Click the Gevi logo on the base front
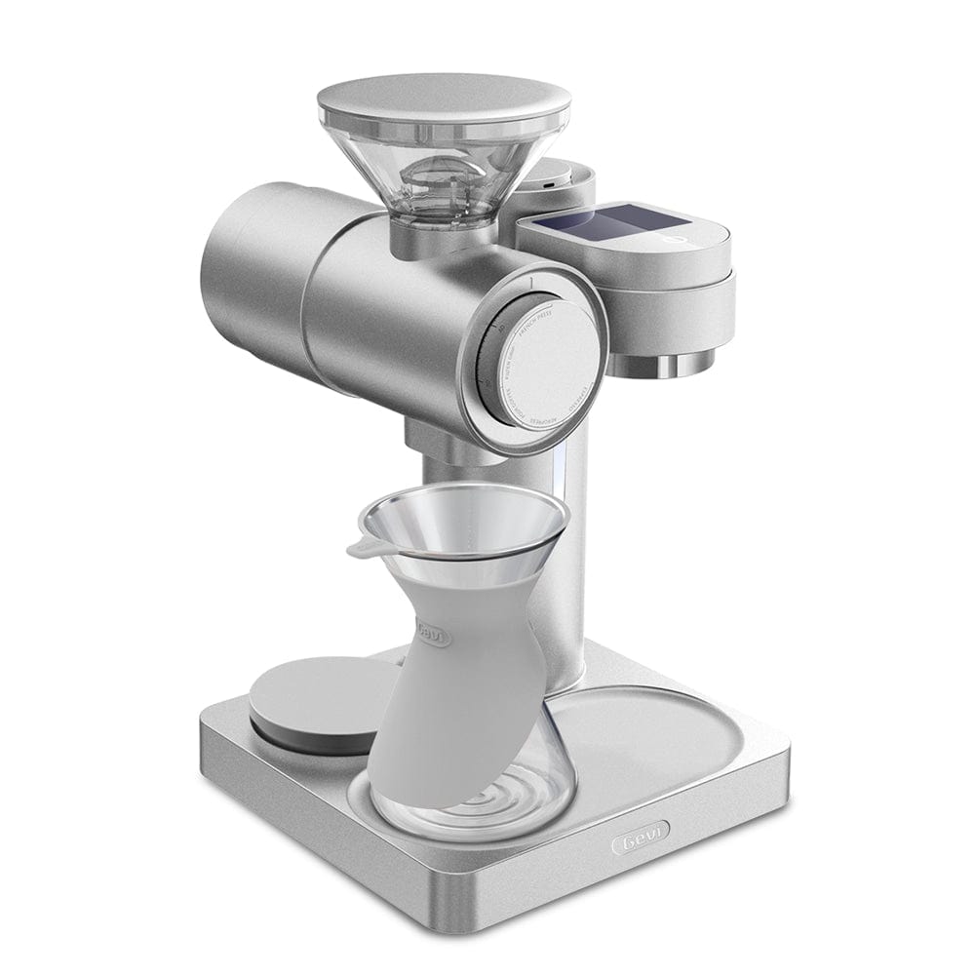(641, 840)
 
